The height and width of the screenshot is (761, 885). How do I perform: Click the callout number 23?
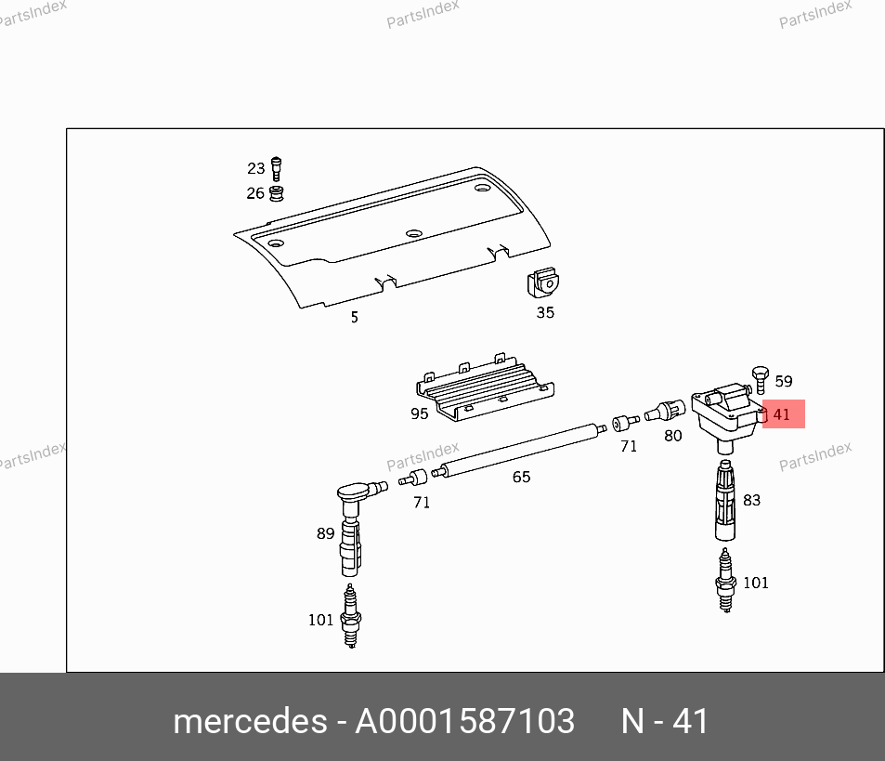pyautogui.click(x=255, y=168)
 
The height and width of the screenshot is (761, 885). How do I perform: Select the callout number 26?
pyautogui.click(x=255, y=193)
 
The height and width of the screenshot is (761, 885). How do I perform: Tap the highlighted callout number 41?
pyautogui.click(x=781, y=414)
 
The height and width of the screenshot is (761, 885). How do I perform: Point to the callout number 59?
pyautogui.click(x=784, y=381)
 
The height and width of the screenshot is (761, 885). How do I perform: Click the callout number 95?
pyautogui.click(x=420, y=413)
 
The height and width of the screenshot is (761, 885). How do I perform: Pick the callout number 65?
pyautogui.click(x=522, y=477)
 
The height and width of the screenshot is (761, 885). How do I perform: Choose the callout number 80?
pyautogui.click(x=672, y=436)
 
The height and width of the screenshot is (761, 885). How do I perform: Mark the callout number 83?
pyautogui.click(x=752, y=500)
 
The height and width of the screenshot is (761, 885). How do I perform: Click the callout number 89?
pyautogui.click(x=326, y=533)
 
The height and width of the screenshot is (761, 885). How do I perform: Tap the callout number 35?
pyautogui.click(x=545, y=313)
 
